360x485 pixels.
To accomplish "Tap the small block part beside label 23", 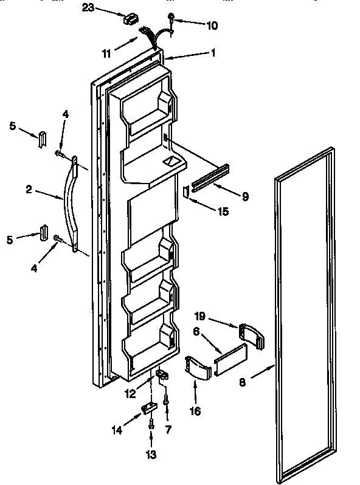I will (x=130, y=19).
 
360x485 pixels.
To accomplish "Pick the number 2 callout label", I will (x=29, y=190).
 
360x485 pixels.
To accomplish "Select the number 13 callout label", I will (x=151, y=455).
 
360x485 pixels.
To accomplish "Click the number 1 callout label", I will (x=213, y=53).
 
